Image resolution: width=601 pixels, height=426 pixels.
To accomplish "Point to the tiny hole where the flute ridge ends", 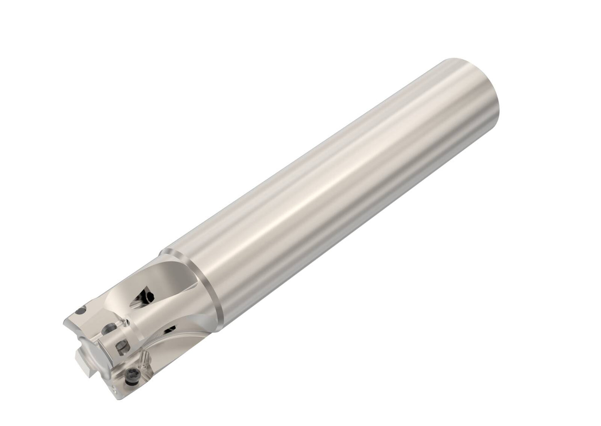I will tap(127, 322).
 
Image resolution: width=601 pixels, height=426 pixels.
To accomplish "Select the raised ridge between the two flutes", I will tap(162, 316).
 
